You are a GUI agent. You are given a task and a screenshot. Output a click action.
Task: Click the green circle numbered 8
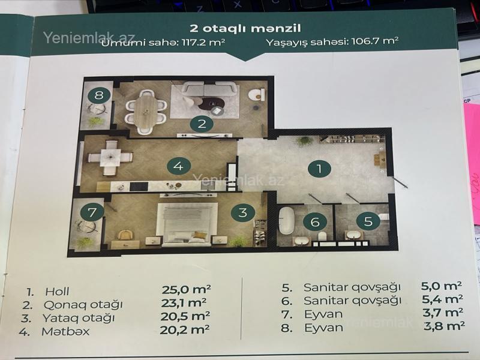99,95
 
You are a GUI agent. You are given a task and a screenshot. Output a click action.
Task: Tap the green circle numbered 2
202,124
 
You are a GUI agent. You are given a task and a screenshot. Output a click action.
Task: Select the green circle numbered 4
178,166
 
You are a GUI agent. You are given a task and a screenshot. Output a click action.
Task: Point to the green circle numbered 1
319,169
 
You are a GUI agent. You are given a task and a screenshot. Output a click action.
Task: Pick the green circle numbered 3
243,212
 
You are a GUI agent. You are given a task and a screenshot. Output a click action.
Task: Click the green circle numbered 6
315,221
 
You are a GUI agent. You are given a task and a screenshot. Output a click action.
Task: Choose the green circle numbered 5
368,221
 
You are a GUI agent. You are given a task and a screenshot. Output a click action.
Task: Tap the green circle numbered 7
92,212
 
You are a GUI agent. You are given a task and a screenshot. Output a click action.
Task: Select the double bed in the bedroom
187,224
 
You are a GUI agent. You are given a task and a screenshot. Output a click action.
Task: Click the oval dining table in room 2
146,112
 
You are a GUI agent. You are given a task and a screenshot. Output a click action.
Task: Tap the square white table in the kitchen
110,157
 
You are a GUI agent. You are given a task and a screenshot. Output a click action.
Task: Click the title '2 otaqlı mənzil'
245,28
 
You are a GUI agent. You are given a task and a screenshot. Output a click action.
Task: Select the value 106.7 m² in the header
375,41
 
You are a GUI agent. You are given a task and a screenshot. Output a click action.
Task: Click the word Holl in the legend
57,292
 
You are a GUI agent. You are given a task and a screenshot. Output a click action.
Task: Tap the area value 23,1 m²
184,302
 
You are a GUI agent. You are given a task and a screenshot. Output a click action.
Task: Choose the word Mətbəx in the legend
66,331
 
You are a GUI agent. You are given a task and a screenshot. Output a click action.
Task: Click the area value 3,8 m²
445,326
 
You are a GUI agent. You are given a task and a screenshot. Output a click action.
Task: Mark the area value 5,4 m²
442,299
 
